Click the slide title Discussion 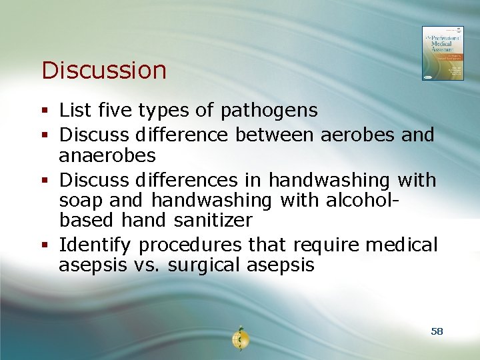click(x=103, y=70)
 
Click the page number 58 click(x=437, y=331)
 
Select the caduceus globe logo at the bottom click(x=240, y=338)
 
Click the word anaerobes click(x=107, y=157)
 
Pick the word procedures click(x=191, y=245)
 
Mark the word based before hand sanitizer click(x=87, y=220)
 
